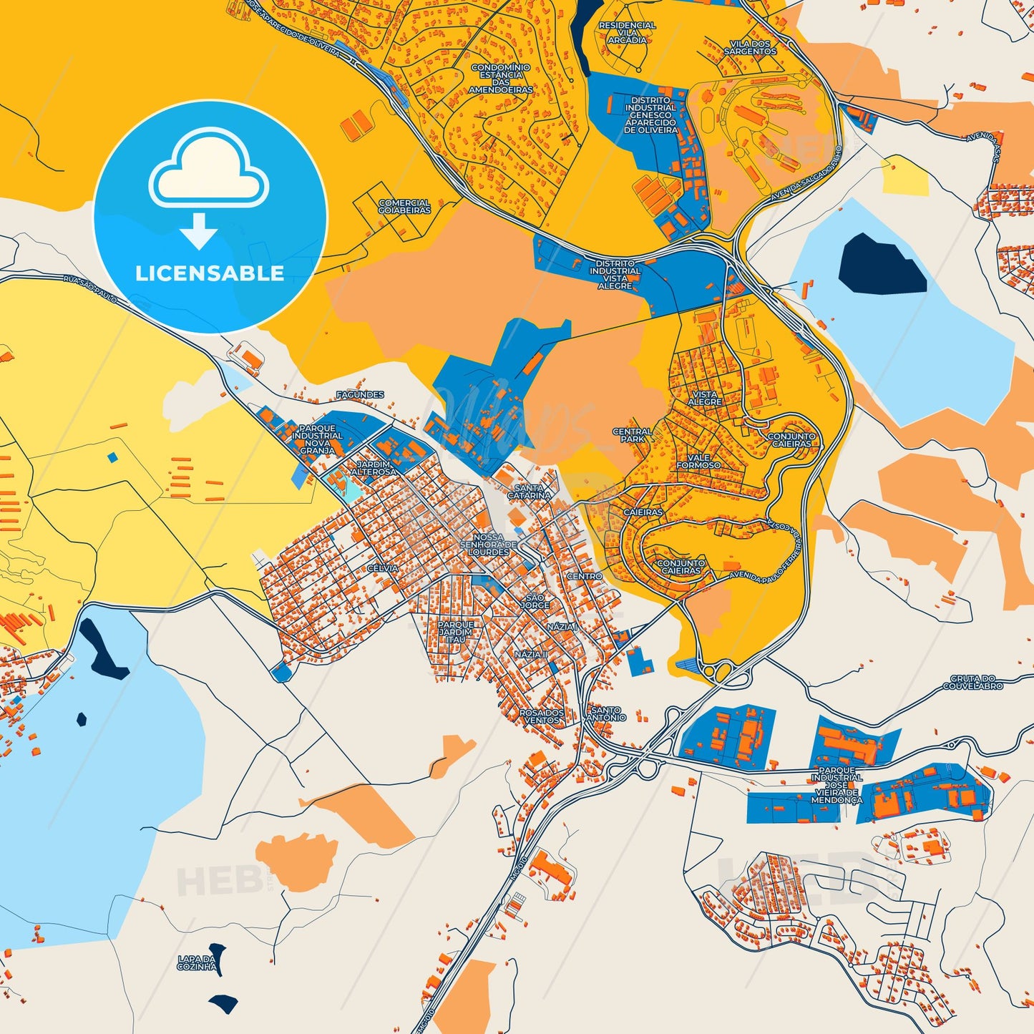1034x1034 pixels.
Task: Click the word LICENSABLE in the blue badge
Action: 210,273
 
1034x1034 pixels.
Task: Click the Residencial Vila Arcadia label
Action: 627,33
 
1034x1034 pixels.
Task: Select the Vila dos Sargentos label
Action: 750,48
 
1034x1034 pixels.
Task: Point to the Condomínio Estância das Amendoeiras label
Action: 501,79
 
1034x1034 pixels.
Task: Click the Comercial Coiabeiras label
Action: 404,207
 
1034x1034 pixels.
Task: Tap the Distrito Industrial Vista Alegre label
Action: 615,275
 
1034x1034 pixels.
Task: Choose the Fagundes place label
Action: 360,395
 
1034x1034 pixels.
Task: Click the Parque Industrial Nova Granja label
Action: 317,439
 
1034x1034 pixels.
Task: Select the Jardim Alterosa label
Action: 373,468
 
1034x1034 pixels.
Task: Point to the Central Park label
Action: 632,435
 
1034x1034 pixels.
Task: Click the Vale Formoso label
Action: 698,462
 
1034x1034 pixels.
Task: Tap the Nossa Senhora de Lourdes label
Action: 488,545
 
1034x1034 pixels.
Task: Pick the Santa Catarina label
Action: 530,492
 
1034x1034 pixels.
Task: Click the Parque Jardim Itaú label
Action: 455,632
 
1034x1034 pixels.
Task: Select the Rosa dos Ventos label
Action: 542,716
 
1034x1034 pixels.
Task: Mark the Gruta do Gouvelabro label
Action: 972,682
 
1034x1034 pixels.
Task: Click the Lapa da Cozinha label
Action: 197,962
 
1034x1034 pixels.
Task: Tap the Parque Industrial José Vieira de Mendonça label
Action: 837,786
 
